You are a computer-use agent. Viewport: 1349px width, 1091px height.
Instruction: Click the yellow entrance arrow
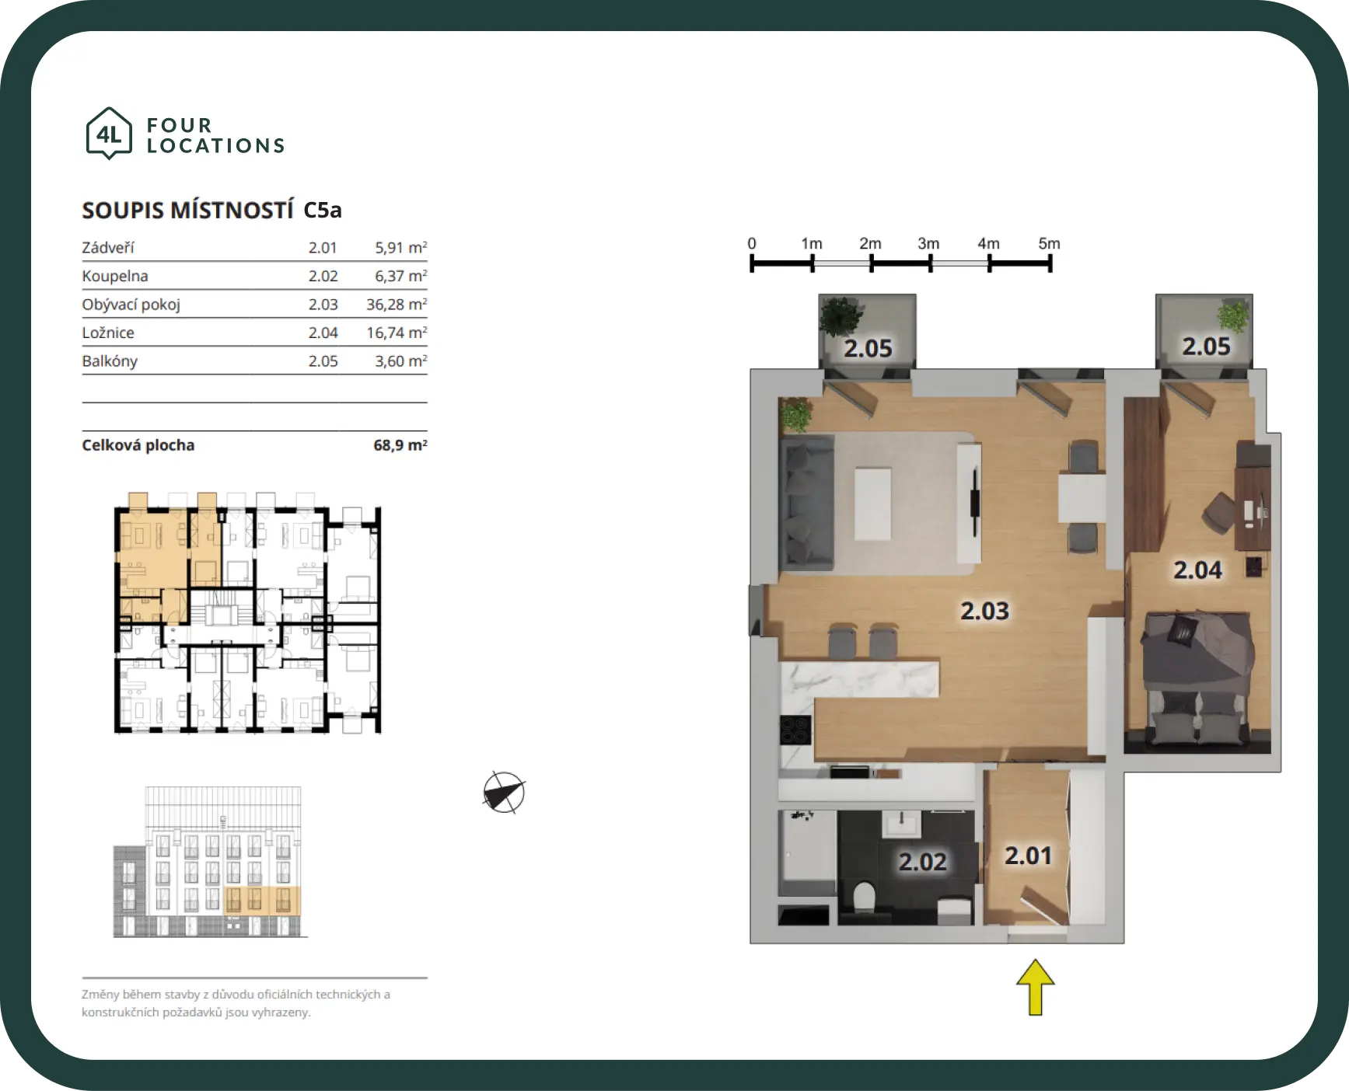pos(1035,987)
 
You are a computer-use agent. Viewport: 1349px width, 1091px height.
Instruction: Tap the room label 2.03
pos(984,611)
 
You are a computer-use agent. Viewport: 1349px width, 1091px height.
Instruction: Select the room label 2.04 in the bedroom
pos(1197,570)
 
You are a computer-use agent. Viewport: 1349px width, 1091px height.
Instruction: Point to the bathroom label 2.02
pos(922,861)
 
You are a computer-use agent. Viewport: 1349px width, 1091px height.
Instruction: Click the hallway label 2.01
pos(1028,856)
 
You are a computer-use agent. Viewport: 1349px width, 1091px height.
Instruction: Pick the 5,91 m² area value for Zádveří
pos(401,247)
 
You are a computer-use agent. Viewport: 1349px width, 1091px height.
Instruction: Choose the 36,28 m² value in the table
pos(397,304)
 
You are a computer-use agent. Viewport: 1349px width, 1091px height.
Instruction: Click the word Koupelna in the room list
pos(115,276)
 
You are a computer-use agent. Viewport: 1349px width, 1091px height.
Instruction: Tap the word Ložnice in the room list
pos(108,333)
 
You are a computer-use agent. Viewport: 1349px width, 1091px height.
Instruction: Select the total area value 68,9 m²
pos(400,445)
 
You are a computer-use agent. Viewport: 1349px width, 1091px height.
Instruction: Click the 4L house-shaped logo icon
pos(109,134)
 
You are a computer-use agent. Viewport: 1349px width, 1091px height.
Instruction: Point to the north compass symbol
pos(504,793)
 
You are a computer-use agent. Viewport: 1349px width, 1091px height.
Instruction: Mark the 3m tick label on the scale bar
pos(928,243)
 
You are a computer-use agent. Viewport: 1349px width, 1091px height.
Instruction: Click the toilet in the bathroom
pos(865,897)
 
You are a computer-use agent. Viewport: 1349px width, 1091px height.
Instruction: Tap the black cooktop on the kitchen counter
pos(795,730)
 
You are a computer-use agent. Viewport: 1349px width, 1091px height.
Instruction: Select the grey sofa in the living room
pos(807,502)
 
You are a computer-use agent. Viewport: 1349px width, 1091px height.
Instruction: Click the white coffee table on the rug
pos(872,503)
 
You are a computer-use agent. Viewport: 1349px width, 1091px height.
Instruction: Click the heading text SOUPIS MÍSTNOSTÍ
pos(187,210)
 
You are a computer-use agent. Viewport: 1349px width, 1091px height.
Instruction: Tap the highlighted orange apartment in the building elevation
pos(262,900)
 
